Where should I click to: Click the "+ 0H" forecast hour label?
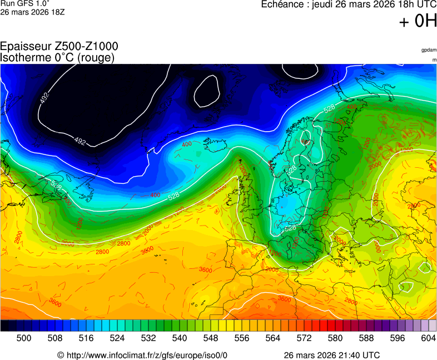[418, 22]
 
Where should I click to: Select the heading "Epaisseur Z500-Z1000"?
[59, 47]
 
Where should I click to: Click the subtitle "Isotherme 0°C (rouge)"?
[57, 57]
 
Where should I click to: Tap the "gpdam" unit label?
[429, 50]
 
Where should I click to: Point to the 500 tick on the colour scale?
[24, 338]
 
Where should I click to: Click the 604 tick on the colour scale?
[428, 338]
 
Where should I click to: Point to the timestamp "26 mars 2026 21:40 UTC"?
[332, 355]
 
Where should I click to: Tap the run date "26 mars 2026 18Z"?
[33, 12]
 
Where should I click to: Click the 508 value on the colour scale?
[55, 338]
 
